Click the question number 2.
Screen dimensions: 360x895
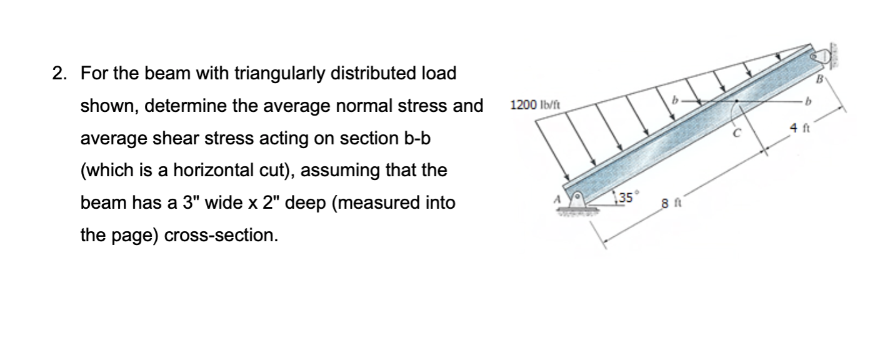click(x=57, y=74)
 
